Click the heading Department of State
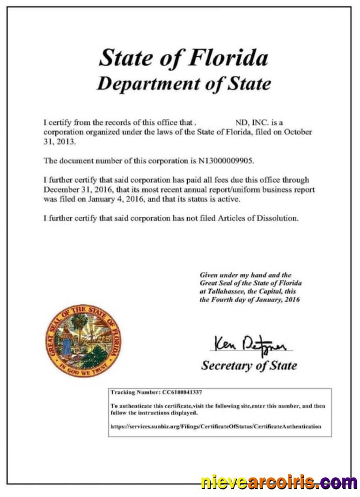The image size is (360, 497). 184,84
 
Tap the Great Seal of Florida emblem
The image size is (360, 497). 84,340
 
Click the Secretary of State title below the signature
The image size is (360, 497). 249,365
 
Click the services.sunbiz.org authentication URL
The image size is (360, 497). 216,426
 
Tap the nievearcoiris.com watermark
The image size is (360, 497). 279,482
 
